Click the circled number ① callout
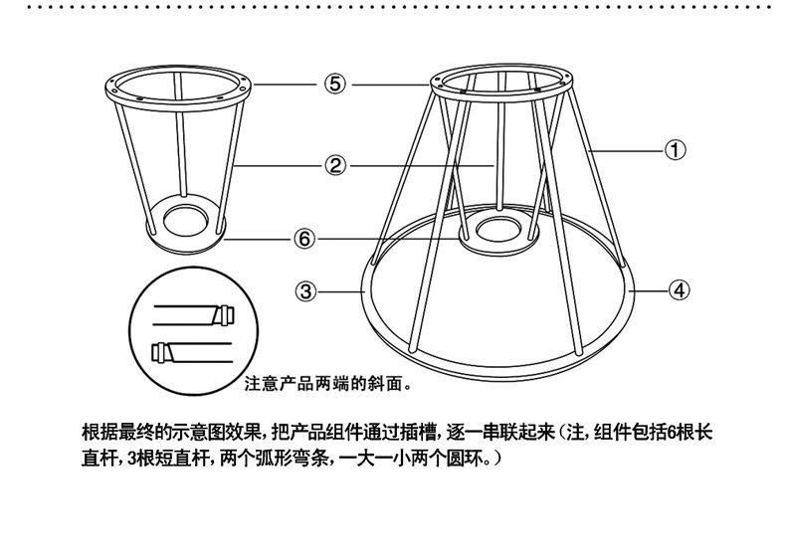pos(675,151)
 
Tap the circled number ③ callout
pos(306,291)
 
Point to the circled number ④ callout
pos(675,291)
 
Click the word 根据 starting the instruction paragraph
pos(96,434)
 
